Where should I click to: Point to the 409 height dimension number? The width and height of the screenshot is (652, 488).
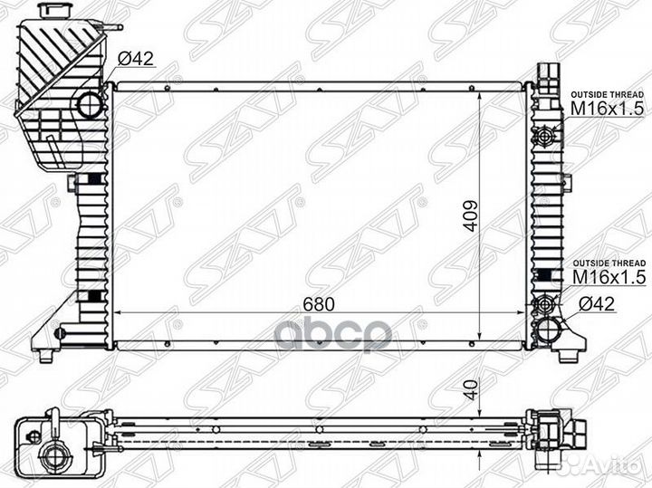pyautogui.click(x=468, y=215)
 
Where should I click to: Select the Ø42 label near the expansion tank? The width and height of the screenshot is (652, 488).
pyautogui.click(x=138, y=60)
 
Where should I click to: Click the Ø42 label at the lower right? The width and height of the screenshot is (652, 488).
pyautogui.click(x=598, y=305)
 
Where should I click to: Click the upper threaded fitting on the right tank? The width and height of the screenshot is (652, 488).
pyautogui.click(x=546, y=136)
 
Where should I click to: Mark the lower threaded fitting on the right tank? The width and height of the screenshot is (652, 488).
pyautogui.click(x=546, y=303)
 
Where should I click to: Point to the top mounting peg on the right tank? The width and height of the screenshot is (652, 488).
pyautogui.click(x=547, y=72)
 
